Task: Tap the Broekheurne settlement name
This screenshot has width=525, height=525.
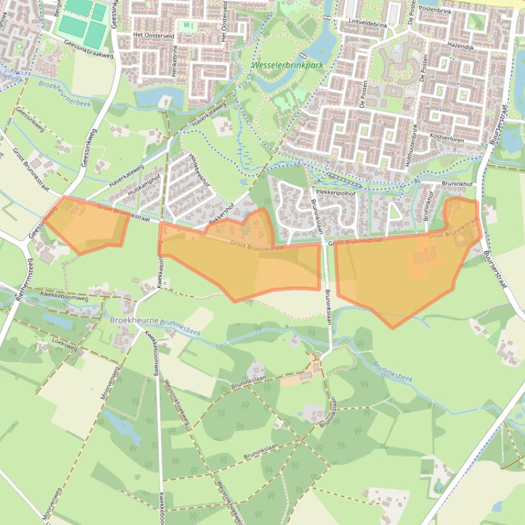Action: (x=134, y=319)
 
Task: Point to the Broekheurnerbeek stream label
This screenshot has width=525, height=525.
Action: (x=65, y=93)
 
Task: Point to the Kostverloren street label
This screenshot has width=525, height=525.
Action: (x=447, y=138)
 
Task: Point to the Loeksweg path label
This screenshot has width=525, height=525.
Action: (x=65, y=347)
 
